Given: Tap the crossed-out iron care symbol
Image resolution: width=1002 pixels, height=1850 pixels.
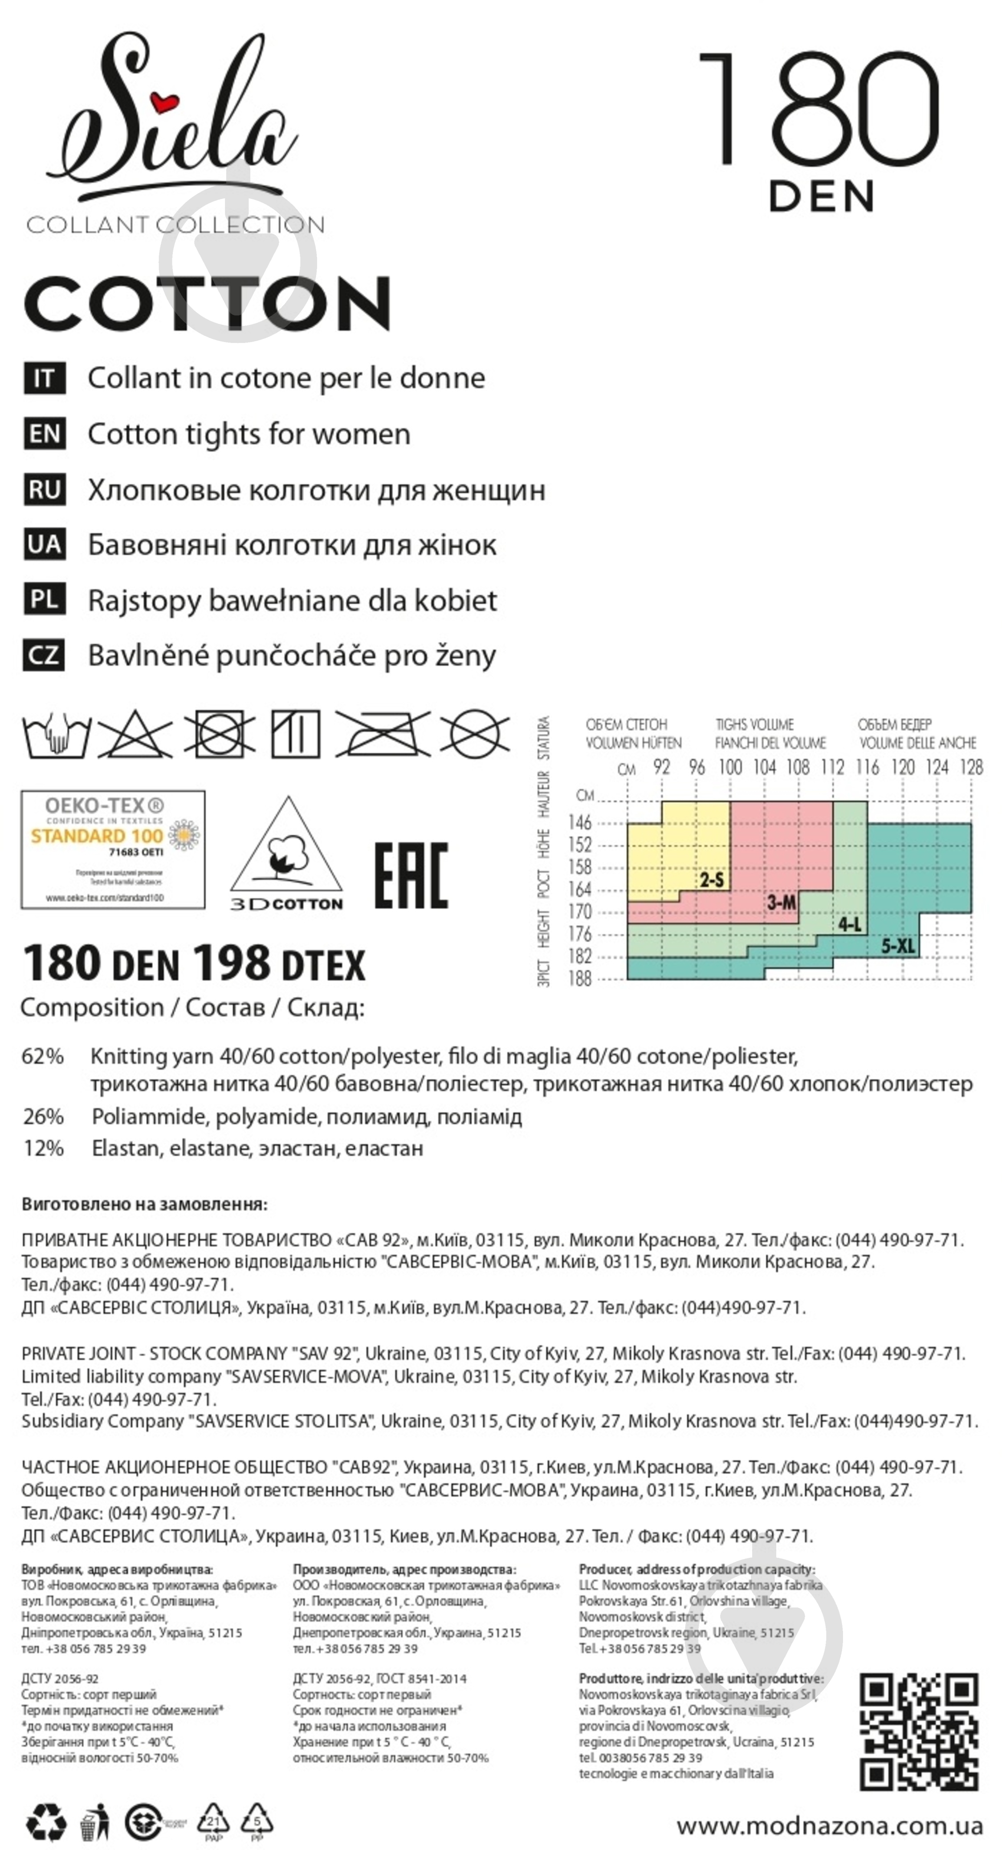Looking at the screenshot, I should (383, 734).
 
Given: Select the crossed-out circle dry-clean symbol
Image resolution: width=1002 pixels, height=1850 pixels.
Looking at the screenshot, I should (474, 734).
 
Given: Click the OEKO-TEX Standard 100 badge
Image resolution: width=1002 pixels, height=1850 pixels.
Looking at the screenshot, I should (113, 849).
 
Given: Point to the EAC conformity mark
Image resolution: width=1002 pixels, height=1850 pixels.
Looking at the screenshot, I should (411, 875).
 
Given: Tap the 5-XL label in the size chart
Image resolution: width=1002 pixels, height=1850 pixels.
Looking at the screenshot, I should (898, 946).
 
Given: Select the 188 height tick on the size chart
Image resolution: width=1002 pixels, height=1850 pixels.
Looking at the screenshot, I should (580, 978).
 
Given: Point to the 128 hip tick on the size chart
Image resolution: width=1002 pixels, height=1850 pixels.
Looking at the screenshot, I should (971, 767).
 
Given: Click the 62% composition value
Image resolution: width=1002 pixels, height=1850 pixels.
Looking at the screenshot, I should (43, 1057).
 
